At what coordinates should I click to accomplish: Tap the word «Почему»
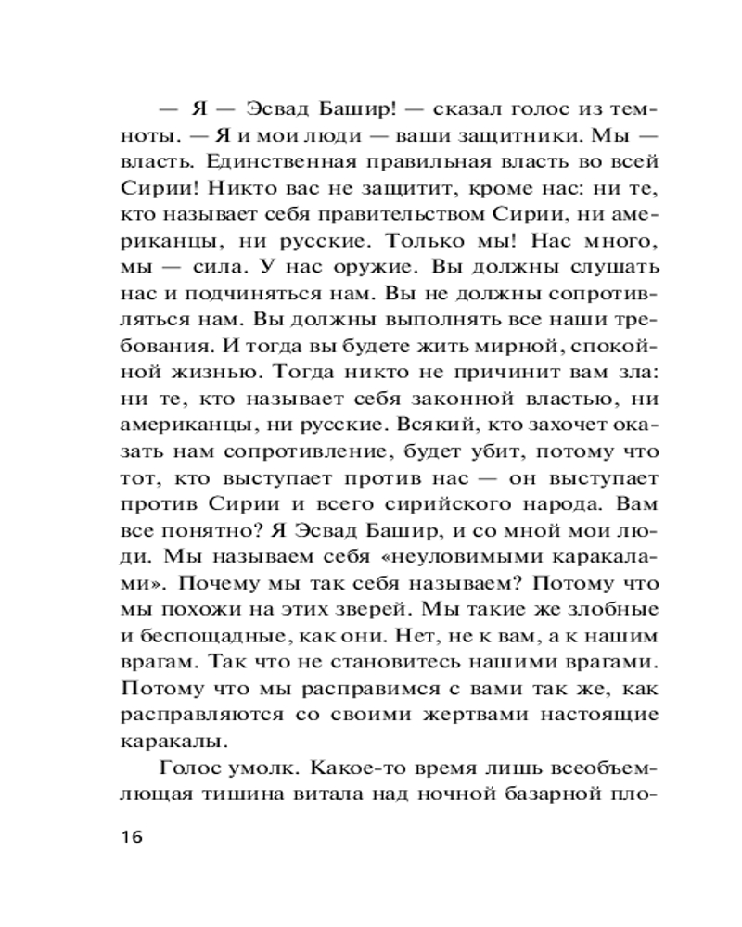tap(216, 585)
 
